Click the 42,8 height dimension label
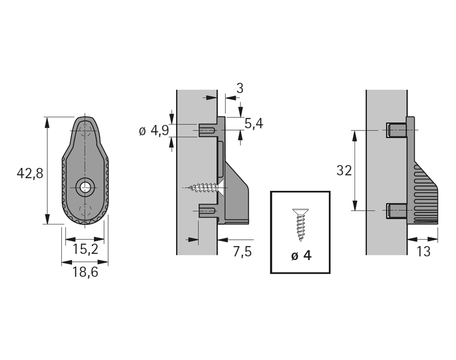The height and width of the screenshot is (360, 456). [30, 173]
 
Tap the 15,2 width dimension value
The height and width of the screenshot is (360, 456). [85, 249]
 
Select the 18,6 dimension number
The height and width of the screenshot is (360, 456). [85, 272]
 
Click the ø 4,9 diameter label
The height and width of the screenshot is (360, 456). [153, 131]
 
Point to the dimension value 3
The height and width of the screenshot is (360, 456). [239, 88]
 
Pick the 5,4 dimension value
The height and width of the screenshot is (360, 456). [254, 123]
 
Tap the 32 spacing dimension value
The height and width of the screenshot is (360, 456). [344, 171]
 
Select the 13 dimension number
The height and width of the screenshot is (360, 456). [423, 251]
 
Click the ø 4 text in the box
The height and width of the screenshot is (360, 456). [301, 255]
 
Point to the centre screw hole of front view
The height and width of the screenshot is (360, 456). [85, 187]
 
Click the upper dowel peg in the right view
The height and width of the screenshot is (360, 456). [396, 130]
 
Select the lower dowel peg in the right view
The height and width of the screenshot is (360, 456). [396, 210]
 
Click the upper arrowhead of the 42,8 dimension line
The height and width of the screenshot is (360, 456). [47, 121]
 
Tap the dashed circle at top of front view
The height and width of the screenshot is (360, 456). [85, 130]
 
